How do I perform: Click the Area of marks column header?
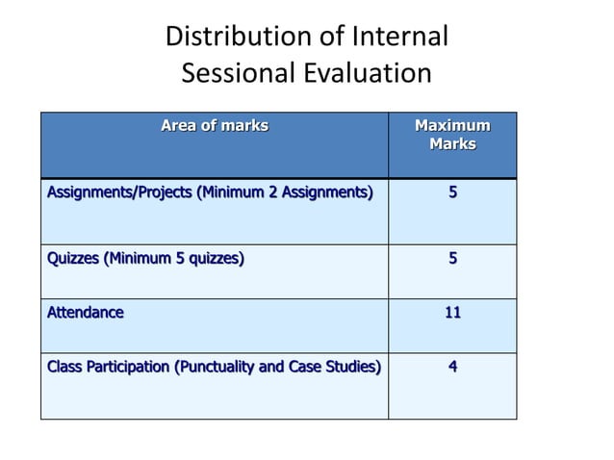coord(214,125)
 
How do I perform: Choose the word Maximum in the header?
coord(451,125)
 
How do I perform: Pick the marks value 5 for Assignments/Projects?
coord(452,192)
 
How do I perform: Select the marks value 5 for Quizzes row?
coord(452,258)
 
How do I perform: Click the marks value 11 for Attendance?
coord(452,312)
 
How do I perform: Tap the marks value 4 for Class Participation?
coord(452,366)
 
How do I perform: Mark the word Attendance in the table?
coord(86,312)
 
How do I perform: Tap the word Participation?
coord(123,366)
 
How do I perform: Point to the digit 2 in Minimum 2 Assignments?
coord(273,192)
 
